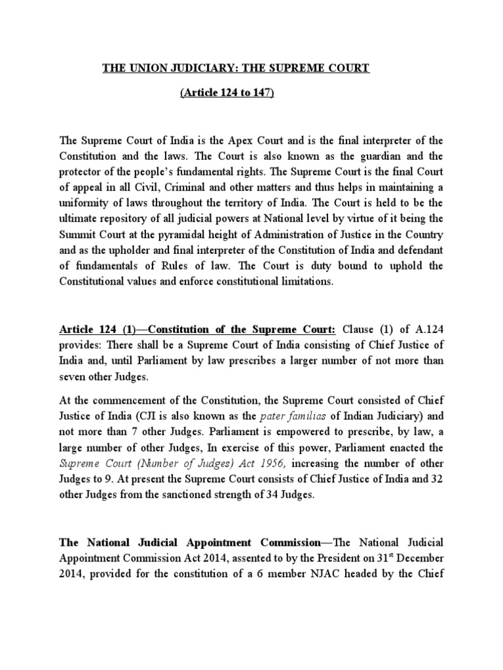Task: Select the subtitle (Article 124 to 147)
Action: pos(227,94)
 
